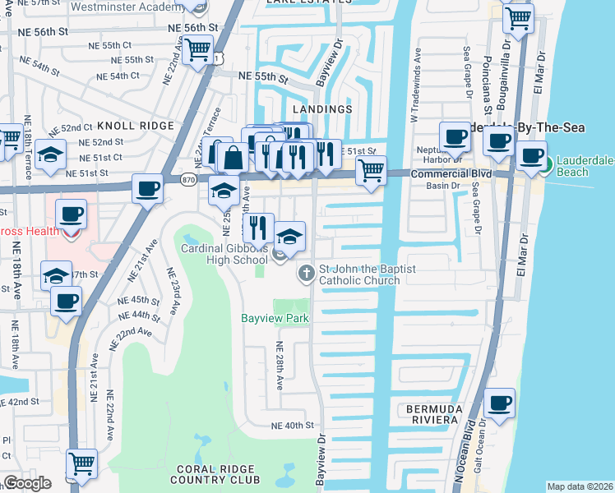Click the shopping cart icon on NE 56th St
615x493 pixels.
tap(197, 50)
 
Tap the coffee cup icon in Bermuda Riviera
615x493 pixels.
tap(500, 403)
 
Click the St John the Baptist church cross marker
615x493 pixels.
tap(306, 272)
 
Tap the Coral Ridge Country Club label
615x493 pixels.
tap(217, 474)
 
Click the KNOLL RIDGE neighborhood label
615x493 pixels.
tap(136, 126)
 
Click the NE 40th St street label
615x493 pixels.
tap(293, 426)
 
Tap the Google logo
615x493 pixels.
tap(27, 483)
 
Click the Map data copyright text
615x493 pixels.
tap(580, 486)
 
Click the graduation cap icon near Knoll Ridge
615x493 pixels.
tap(50, 154)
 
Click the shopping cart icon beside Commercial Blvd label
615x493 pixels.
tap(371, 172)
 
